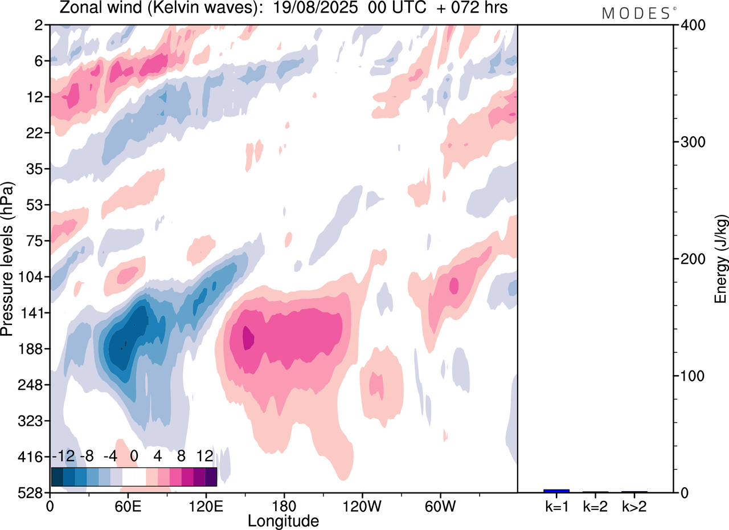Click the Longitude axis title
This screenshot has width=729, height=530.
283,520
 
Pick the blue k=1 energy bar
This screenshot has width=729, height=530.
556,491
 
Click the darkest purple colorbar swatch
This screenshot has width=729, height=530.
211,476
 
